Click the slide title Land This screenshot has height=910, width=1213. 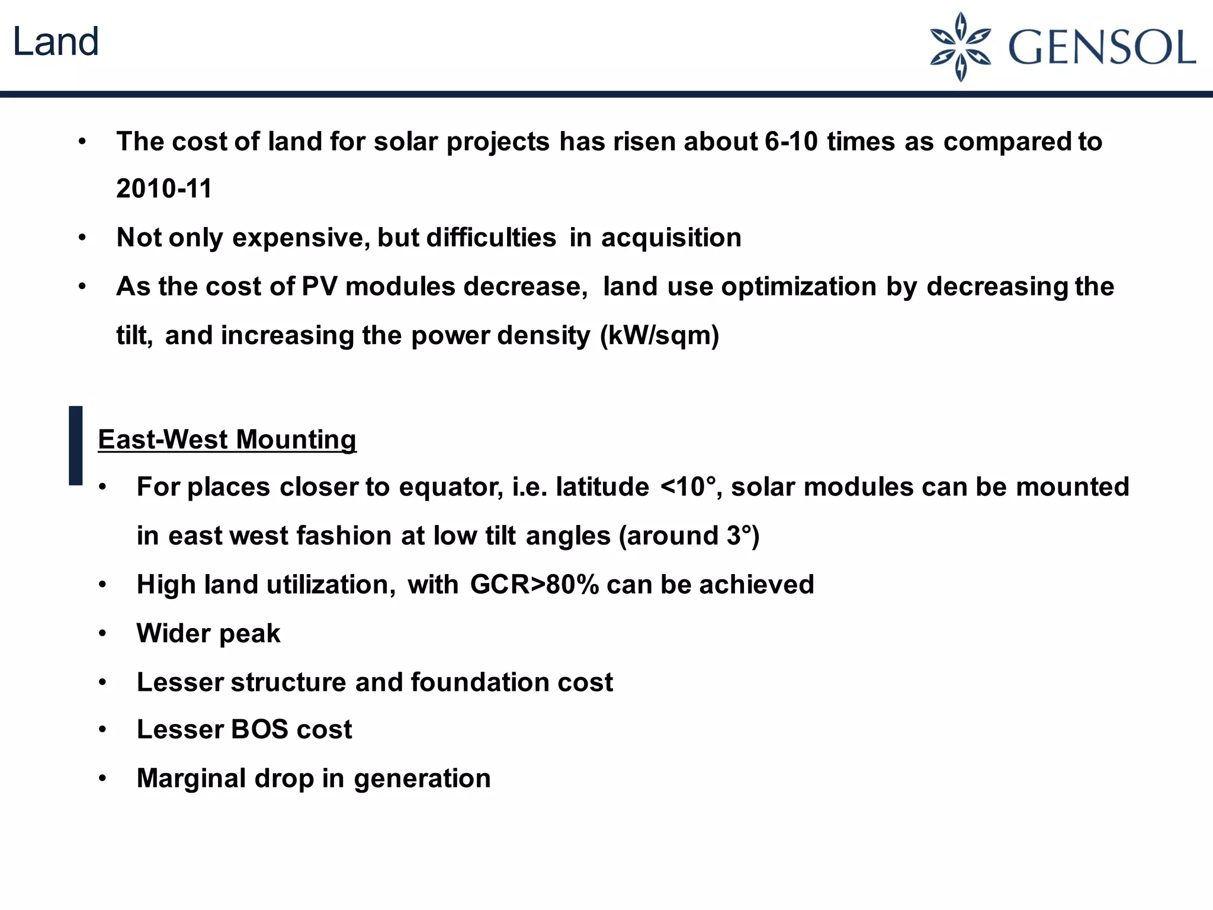point(56,43)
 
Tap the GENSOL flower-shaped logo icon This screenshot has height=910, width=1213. point(960,47)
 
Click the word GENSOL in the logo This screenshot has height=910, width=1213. point(1102,47)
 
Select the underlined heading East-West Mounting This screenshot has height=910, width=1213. point(227,440)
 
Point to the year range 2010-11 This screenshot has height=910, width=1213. point(164,189)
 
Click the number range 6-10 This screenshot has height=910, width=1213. point(791,142)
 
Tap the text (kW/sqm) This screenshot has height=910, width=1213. point(659,335)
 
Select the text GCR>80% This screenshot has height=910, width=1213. point(534,585)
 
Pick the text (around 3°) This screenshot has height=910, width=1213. point(689,536)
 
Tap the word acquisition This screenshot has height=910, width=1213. point(671,238)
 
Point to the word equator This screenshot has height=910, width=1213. point(451,487)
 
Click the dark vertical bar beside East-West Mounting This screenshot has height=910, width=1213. point(76,446)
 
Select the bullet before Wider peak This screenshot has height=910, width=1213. point(102,634)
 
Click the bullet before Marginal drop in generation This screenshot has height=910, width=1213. point(102,778)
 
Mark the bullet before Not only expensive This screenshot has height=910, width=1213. point(82,238)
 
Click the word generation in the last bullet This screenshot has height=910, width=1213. point(422,779)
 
